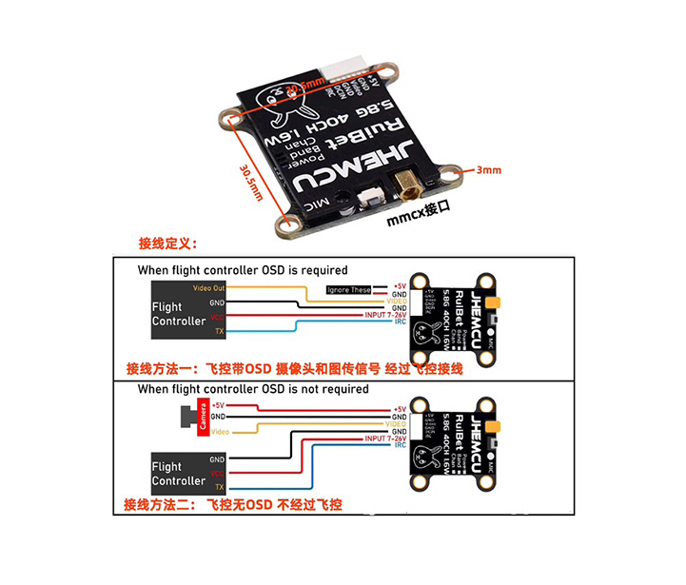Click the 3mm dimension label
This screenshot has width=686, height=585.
click(488, 170)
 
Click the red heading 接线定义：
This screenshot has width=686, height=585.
click(167, 244)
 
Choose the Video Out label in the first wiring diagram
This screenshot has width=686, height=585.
click(208, 287)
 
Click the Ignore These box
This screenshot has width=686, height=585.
click(348, 289)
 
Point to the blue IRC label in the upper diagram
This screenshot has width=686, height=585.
click(401, 322)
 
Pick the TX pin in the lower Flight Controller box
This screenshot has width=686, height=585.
click(218, 486)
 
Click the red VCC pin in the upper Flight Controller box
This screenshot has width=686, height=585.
click(218, 317)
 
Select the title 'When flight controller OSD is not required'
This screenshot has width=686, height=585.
click(253, 389)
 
